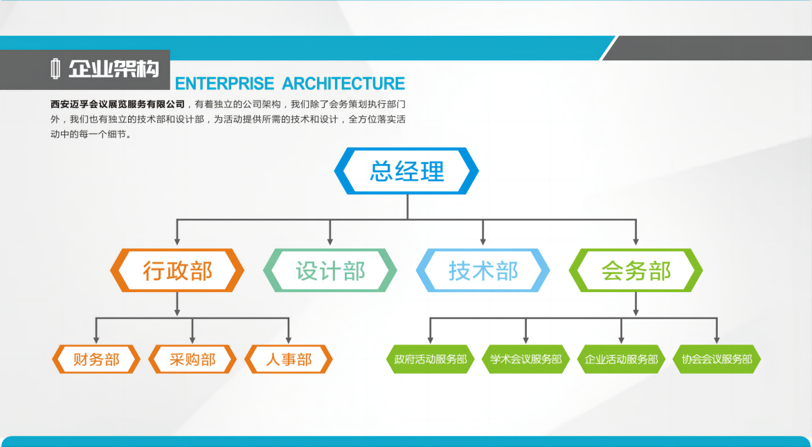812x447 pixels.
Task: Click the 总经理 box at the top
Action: pyautogui.click(x=406, y=171)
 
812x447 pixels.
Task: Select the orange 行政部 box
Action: pyautogui.click(x=177, y=270)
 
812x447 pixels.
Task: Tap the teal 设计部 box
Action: pyautogui.click(x=330, y=270)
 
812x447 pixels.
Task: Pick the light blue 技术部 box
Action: pyautogui.click(x=482, y=270)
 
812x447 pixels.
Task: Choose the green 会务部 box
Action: pyautogui.click(x=636, y=270)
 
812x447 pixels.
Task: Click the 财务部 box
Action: pyautogui.click(x=96, y=359)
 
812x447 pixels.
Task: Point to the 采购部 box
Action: pyautogui.click(x=192, y=359)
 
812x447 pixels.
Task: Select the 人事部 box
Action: pyautogui.click(x=289, y=359)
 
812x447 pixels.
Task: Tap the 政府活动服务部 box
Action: pyautogui.click(x=430, y=359)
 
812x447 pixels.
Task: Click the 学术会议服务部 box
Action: pyautogui.click(x=525, y=359)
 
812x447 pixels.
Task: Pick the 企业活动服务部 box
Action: pyautogui.click(x=622, y=359)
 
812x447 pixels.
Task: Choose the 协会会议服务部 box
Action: pyautogui.click(x=717, y=359)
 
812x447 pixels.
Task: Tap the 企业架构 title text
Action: pyautogui.click(x=114, y=69)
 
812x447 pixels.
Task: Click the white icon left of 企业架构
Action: pyautogui.click(x=55, y=69)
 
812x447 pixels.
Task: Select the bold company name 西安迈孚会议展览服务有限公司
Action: pyautogui.click(x=118, y=104)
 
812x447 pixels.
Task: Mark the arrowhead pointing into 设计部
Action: pyautogui.click(x=330, y=241)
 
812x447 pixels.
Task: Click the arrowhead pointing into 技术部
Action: pyautogui.click(x=482, y=241)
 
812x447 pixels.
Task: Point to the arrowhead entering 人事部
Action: pyautogui.click(x=289, y=339)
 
